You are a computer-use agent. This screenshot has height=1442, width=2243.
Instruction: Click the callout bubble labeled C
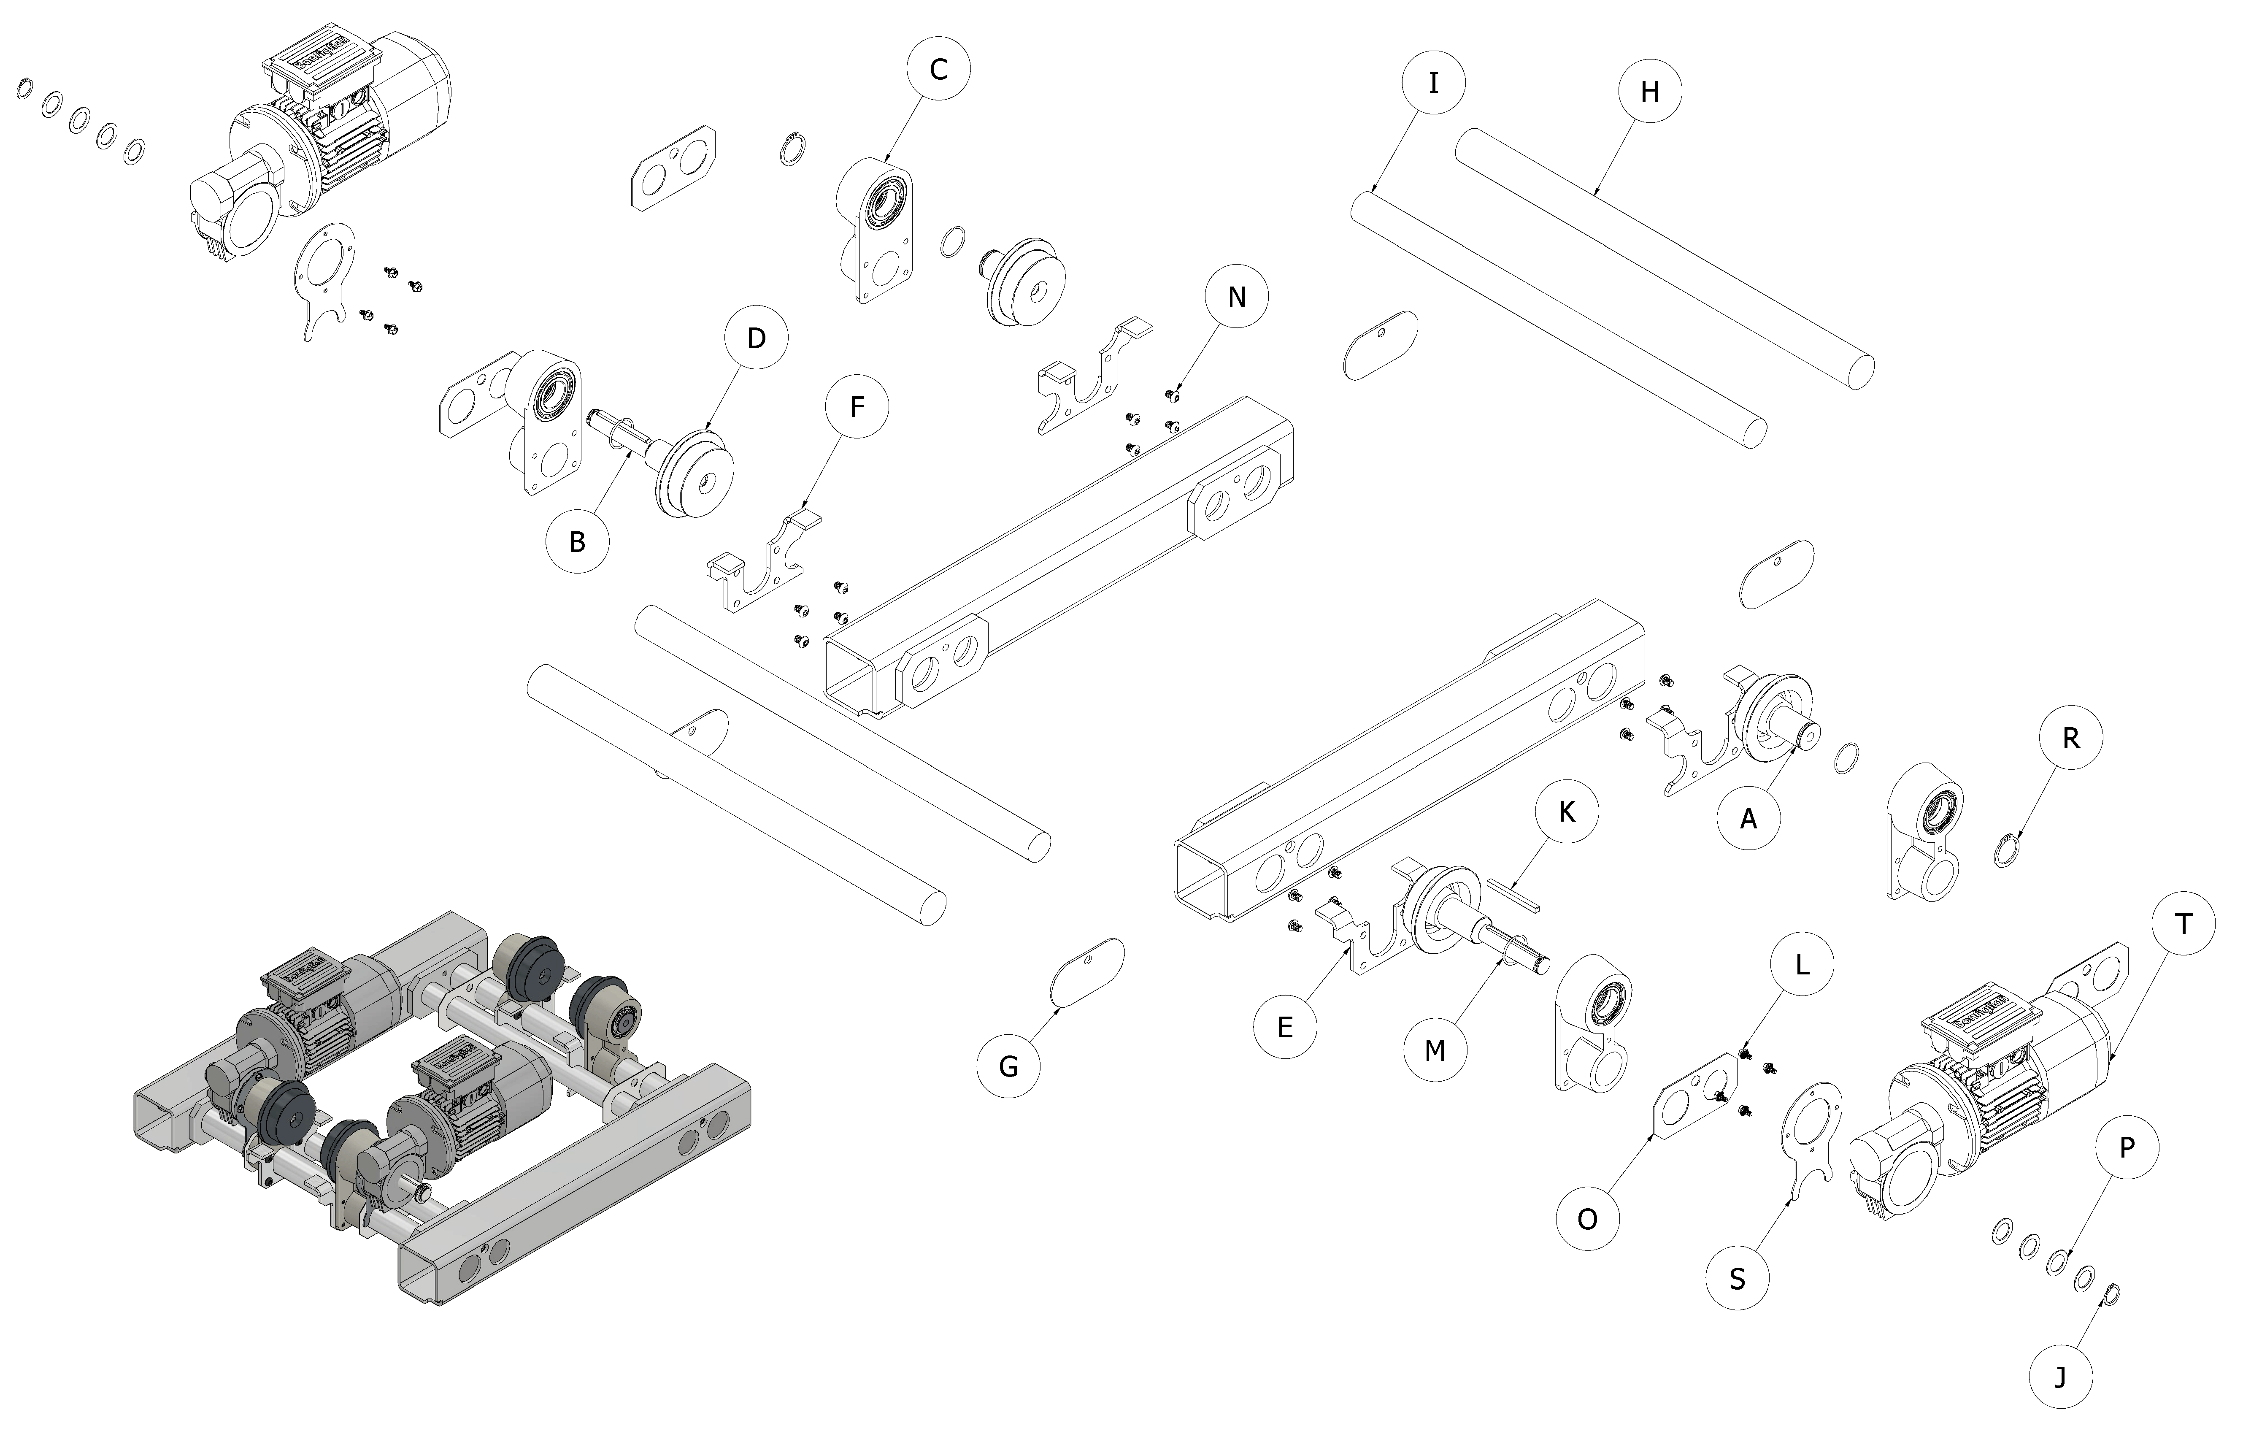click(x=938, y=69)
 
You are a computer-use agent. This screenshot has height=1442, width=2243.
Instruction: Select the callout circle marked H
click(x=1649, y=92)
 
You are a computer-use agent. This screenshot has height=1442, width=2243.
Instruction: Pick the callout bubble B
click(x=578, y=541)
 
